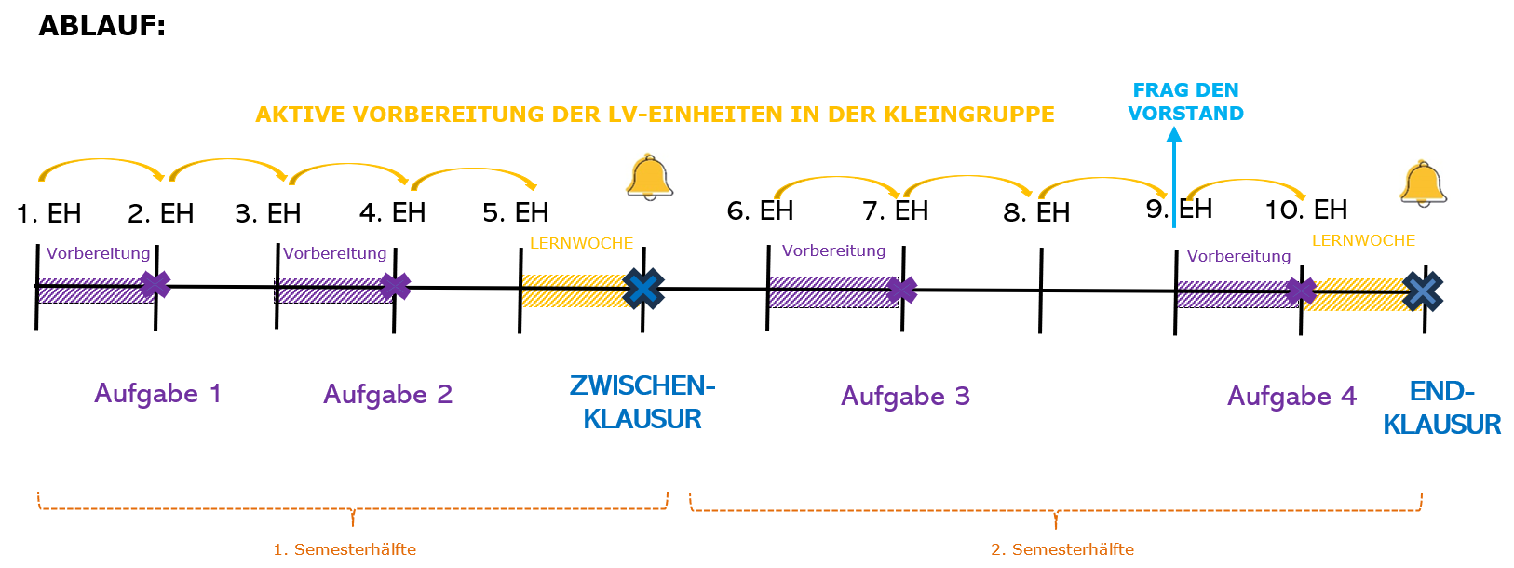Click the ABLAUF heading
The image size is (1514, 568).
point(101,26)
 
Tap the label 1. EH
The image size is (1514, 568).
point(49,214)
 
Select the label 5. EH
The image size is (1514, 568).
point(516,213)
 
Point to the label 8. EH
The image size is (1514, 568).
point(1036,213)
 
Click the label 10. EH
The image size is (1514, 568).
point(1305,210)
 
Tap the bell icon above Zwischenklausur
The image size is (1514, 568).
point(649,177)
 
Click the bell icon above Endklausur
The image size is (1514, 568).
point(1423,183)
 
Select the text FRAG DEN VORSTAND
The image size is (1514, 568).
point(1185,101)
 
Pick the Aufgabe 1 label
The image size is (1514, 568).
point(157,394)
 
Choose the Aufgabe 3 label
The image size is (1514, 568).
point(905,397)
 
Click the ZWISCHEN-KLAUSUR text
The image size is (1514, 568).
point(642,402)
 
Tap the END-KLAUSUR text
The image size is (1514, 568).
point(1441,408)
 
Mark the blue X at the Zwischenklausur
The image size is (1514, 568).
point(643,289)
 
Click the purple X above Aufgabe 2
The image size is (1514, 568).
point(395,286)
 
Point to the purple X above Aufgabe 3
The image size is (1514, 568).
point(901,291)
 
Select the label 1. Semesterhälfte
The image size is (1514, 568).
point(345,549)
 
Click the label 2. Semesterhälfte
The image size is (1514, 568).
point(1062,549)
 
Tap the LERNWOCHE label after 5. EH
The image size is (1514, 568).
point(581,243)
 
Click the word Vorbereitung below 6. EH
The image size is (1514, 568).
point(833,250)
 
